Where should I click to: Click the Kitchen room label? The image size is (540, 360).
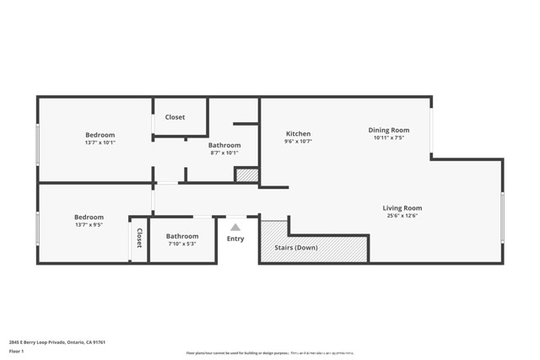(298, 134)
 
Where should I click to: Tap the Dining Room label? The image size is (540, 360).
(388, 130)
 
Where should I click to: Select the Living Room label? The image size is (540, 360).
(402, 207)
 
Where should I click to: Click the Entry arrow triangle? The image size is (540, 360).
(235, 227)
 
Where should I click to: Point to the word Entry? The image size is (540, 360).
(235, 239)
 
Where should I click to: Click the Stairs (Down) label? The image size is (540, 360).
(294, 248)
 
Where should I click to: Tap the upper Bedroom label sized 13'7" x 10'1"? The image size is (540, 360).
(100, 135)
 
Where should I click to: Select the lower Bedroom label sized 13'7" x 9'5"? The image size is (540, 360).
(89, 217)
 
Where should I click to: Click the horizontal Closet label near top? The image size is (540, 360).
(175, 117)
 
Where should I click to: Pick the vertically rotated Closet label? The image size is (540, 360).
(139, 239)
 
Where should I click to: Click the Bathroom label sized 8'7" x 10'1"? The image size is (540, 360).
(224, 145)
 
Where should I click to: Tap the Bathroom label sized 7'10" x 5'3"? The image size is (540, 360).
(181, 236)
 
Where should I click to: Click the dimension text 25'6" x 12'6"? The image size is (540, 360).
(402, 217)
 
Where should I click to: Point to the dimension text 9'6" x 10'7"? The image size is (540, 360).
(298, 142)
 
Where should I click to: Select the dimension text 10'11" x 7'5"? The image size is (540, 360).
(388, 138)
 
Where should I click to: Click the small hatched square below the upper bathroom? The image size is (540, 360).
(246, 175)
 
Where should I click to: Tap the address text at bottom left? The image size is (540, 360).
(57, 341)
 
